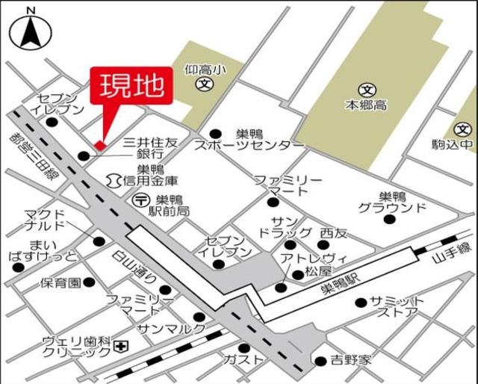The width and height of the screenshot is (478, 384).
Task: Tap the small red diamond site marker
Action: click(99, 143)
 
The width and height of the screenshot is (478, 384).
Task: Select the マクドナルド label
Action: click(46, 220)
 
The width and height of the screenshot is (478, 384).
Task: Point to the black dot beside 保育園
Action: click(89, 282)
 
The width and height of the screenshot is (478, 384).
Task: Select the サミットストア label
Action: click(397, 306)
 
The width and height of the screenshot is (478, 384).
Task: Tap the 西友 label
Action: click(334, 233)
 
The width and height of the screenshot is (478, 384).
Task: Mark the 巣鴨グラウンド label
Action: click(391, 202)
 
